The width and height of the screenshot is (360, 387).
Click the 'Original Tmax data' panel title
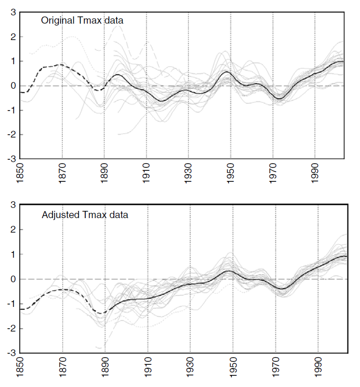82,21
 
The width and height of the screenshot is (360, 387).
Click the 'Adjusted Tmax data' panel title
85,215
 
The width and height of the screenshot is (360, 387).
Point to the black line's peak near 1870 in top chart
61,64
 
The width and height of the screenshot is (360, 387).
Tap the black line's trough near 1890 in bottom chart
103,313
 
